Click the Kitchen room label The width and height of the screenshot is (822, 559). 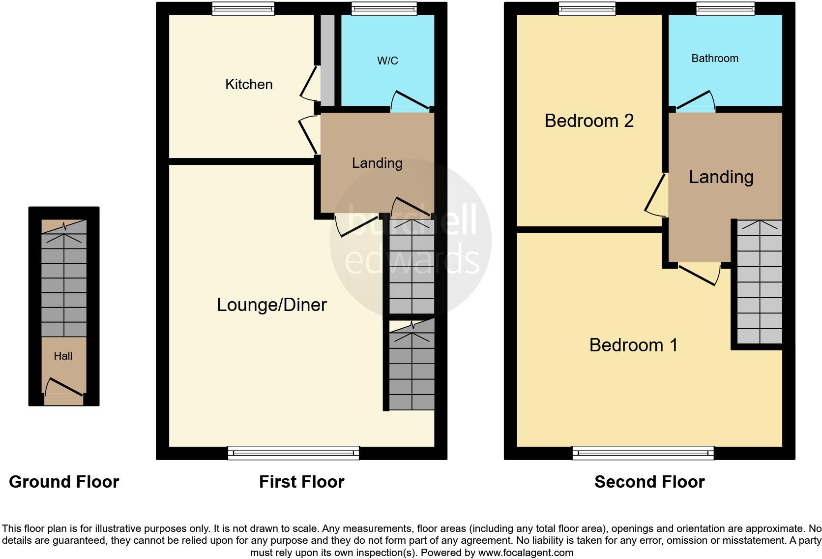(249, 84)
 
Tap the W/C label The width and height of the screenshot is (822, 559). (387, 61)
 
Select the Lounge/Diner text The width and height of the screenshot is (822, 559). (271, 305)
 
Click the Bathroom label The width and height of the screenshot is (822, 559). (714, 58)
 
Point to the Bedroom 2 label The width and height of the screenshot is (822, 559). (588, 121)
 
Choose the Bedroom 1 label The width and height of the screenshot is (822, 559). (633, 345)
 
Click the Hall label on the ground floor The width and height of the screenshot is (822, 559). (63, 356)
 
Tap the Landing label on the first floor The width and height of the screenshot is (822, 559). (377, 163)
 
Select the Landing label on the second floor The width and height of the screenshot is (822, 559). (721, 177)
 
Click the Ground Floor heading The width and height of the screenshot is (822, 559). (64, 481)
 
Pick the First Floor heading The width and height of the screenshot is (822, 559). (301, 481)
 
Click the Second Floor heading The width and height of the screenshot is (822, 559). (649, 481)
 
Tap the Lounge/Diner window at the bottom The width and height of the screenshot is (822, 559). (293, 453)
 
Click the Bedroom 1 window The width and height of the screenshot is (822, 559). (643, 453)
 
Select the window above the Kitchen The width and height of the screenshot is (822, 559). (243, 8)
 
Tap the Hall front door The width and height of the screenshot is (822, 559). (64, 387)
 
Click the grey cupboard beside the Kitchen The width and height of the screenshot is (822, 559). (327, 59)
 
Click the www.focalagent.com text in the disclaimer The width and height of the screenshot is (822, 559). (525, 553)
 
